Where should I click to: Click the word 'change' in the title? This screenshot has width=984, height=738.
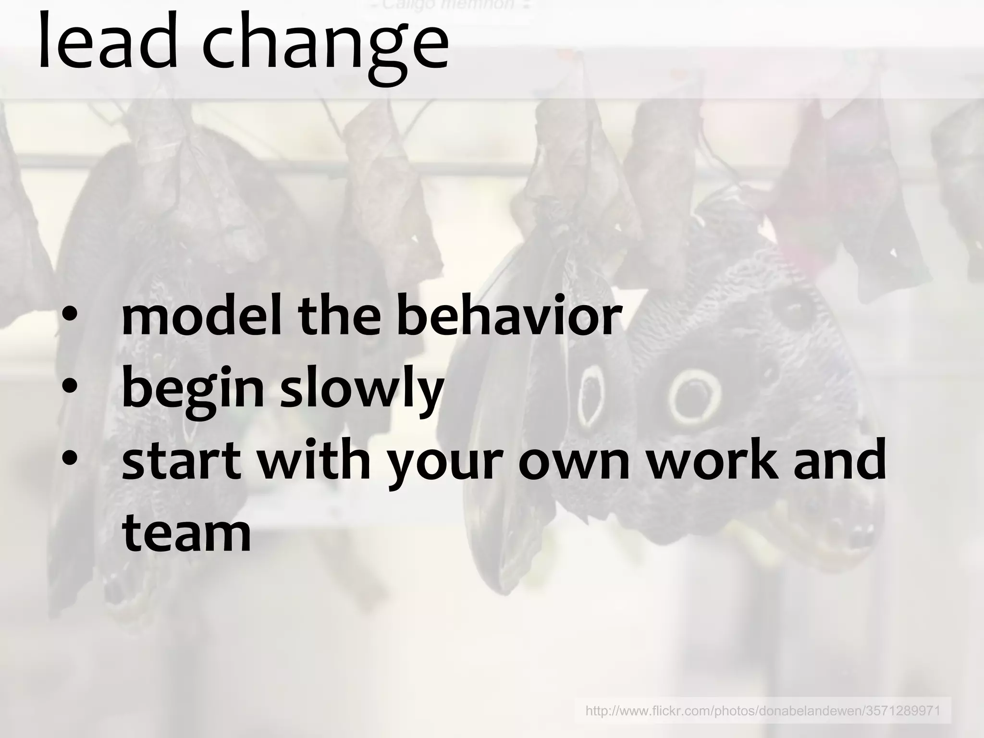[x=325, y=48]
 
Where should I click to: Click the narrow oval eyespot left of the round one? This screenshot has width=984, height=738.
[x=590, y=396]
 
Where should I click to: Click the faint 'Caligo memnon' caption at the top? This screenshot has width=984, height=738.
[x=452, y=5]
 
